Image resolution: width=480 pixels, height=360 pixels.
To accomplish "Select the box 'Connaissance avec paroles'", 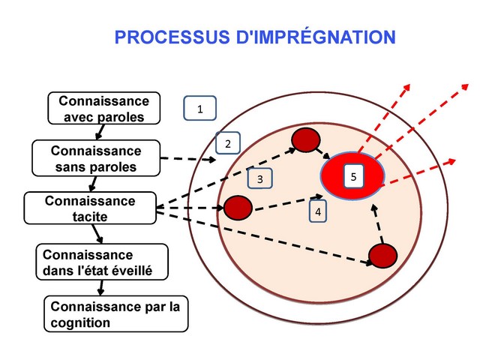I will (103, 109).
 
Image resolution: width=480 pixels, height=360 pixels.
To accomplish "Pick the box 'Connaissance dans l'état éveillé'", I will (101, 262).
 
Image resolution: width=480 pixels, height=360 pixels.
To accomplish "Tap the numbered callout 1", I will (199, 109).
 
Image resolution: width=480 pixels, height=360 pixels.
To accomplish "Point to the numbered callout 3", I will (259, 179).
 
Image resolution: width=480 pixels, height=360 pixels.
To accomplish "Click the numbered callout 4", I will (318, 212).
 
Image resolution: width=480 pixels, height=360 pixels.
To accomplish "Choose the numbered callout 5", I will (353, 176).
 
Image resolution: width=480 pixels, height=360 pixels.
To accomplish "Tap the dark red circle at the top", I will (305, 139).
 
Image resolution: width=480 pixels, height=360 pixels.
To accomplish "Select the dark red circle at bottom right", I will (381, 256).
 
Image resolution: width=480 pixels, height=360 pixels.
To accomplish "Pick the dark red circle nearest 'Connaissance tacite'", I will (236, 207).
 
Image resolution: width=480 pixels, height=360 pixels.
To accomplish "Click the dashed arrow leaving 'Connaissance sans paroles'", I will (187, 159).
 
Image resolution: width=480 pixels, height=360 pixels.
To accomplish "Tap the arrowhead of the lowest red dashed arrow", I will (453, 158).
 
